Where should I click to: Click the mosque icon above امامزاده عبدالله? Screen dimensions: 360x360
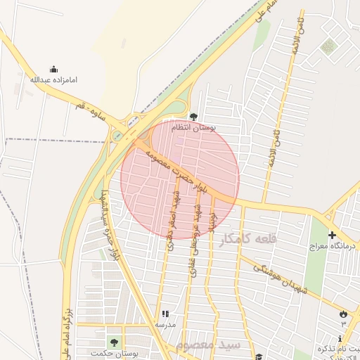point(53,69)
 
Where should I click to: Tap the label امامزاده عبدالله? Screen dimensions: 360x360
point(53,79)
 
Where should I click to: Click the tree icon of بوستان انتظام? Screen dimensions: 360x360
point(194,116)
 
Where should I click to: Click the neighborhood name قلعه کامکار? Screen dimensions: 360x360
point(247,239)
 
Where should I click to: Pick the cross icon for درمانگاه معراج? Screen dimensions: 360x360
point(331,236)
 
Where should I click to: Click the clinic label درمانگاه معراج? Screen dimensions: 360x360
point(330,247)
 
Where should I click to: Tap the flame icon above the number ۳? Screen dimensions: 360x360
point(343,314)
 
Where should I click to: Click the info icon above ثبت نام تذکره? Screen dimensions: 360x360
point(340,339)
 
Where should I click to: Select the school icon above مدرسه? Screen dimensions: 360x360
point(165,314)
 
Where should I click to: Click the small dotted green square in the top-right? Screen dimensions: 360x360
point(328,47)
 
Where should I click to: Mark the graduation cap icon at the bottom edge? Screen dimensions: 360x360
point(259,356)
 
